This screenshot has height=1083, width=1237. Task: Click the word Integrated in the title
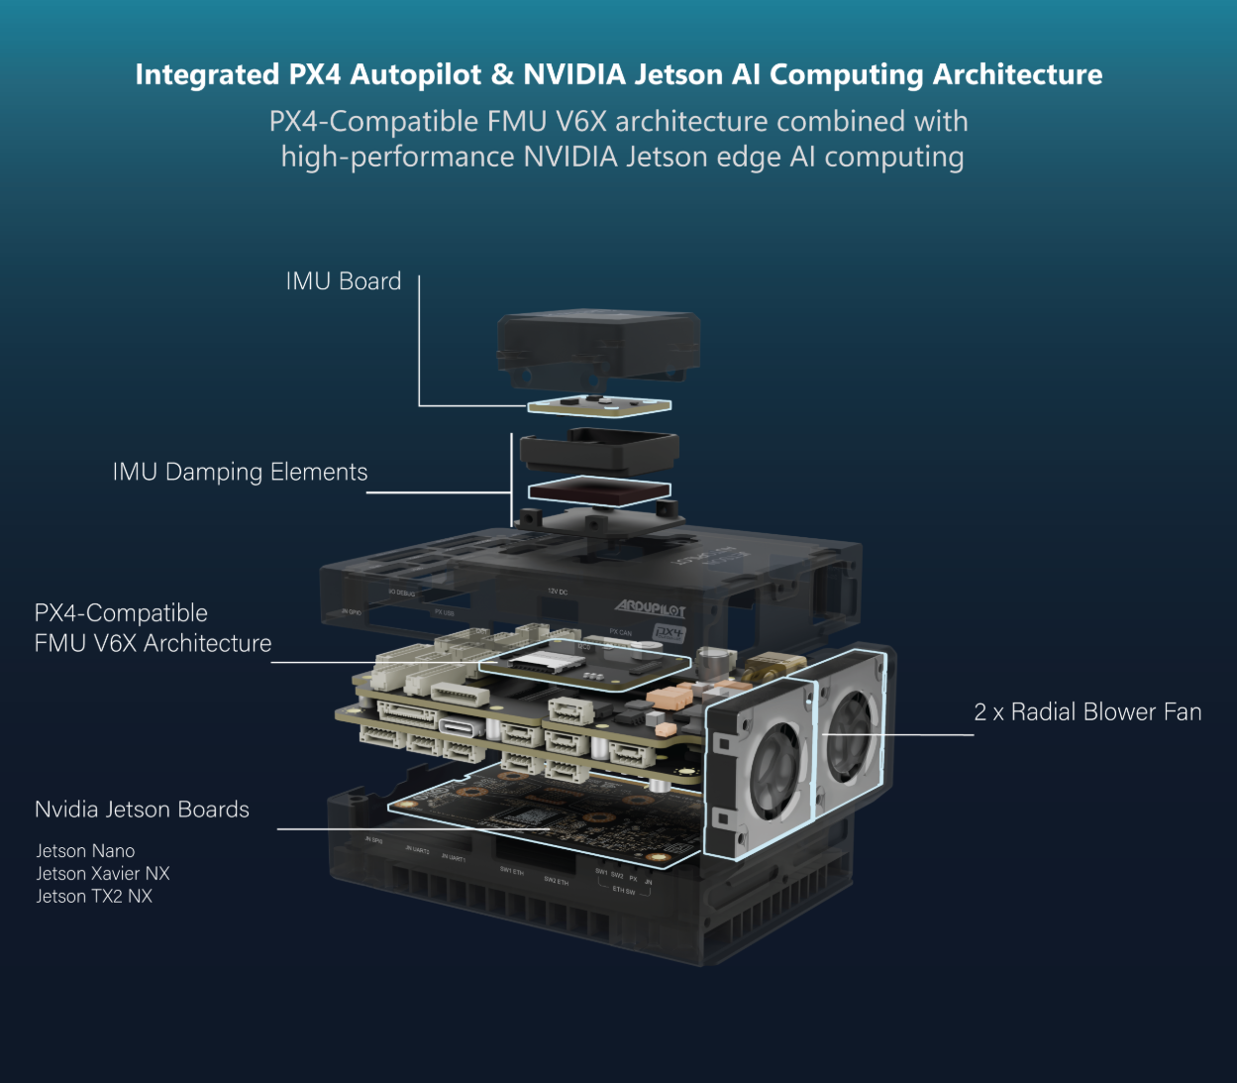click(x=207, y=75)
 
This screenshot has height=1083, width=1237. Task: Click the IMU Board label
click(x=343, y=281)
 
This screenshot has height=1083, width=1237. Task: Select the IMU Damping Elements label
click(x=240, y=472)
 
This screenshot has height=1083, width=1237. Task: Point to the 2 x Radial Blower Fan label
click(x=1087, y=712)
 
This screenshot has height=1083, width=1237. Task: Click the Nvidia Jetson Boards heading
click(x=142, y=810)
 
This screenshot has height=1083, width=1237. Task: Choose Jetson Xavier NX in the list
click(x=103, y=874)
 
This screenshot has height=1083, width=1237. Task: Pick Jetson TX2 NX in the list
click(x=94, y=897)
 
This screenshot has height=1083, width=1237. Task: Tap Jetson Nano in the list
click(x=85, y=851)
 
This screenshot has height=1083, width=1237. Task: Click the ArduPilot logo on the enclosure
click(x=650, y=607)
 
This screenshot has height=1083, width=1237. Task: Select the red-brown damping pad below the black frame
click(x=599, y=490)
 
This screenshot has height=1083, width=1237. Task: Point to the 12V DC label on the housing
click(x=558, y=592)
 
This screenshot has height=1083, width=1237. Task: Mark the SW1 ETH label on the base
click(x=511, y=871)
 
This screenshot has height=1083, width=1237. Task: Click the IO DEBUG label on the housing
click(x=401, y=593)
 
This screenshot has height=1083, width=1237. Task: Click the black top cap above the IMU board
click(x=599, y=347)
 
